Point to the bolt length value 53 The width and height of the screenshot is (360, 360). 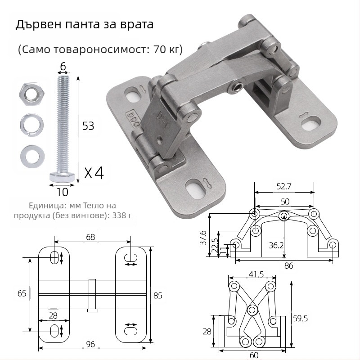pyautogui.click(x=88, y=126)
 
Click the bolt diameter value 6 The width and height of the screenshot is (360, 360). pyautogui.click(x=63, y=67)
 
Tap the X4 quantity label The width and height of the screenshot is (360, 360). pyautogui.click(x=94, y=173)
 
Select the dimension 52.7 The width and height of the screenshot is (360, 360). pyautogui.click(x=283, y=185)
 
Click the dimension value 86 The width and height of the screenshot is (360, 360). pyautogui.click(x=288, y=265)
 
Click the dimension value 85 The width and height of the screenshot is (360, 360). pyautogui.click(x=157, y=296)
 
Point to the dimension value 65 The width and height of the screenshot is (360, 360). pyautogui.click(x=22, y=293)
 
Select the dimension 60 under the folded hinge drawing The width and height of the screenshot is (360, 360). pyautogui.click(x=254, y=355)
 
